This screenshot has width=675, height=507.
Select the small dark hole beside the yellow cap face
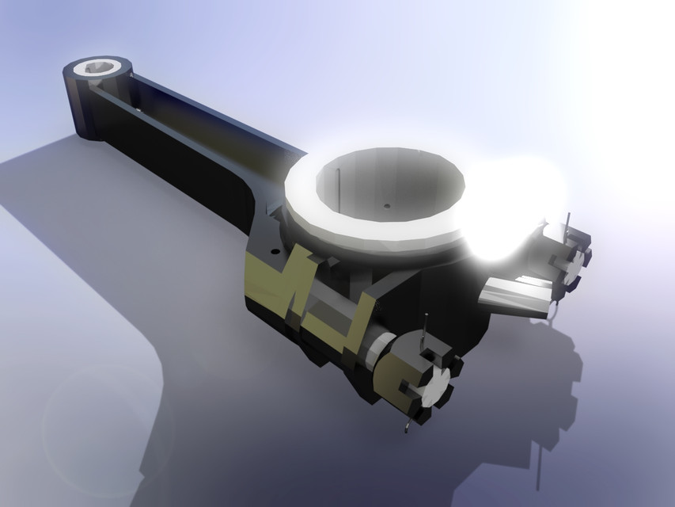(275, 251)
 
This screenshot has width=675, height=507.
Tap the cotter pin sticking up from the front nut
(427, 329)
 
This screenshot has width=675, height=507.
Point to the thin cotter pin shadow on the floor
(539, 467)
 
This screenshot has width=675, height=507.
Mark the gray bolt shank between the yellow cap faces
(324, 305)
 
